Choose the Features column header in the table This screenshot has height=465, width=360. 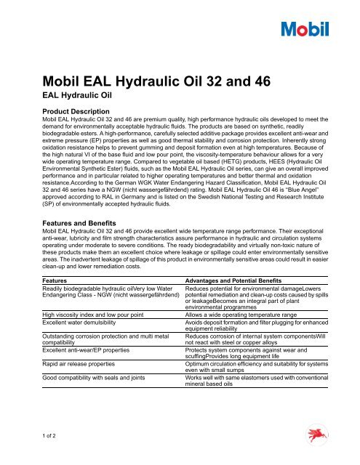pyautogui.click(x=60, y=280)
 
